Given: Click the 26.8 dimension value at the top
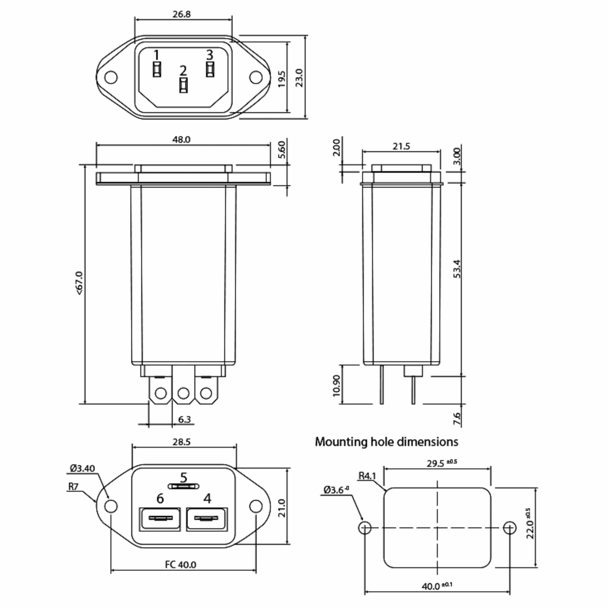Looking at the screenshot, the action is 182,14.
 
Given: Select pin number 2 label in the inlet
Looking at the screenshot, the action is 183,70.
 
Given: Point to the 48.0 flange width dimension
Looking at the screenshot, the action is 181,139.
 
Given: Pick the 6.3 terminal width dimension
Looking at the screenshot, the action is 184,420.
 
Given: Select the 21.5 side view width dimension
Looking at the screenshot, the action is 401,146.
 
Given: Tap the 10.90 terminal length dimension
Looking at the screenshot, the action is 336,386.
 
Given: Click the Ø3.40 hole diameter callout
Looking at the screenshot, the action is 82,469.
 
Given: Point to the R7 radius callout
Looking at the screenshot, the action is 73,487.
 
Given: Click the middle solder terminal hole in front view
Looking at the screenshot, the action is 183,393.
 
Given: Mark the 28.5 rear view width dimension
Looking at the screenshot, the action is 182,442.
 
